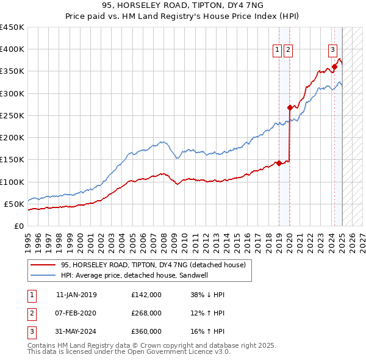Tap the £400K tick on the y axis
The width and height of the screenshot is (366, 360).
click(12, 49)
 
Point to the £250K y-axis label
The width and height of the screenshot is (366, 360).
click(12, 115)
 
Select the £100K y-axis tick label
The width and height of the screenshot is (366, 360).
click(12, 182)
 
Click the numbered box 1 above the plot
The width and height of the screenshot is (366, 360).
click(278, 50)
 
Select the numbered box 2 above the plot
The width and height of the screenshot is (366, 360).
click(288, 50)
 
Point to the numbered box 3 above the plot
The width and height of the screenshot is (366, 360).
click(332, 50)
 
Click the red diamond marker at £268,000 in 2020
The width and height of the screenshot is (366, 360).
click(290, 107)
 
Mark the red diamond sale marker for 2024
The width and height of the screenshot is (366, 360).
click(334, 67)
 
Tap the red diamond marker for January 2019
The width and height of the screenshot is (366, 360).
click(279, 163)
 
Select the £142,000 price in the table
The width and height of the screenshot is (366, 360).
click(146, 295)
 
